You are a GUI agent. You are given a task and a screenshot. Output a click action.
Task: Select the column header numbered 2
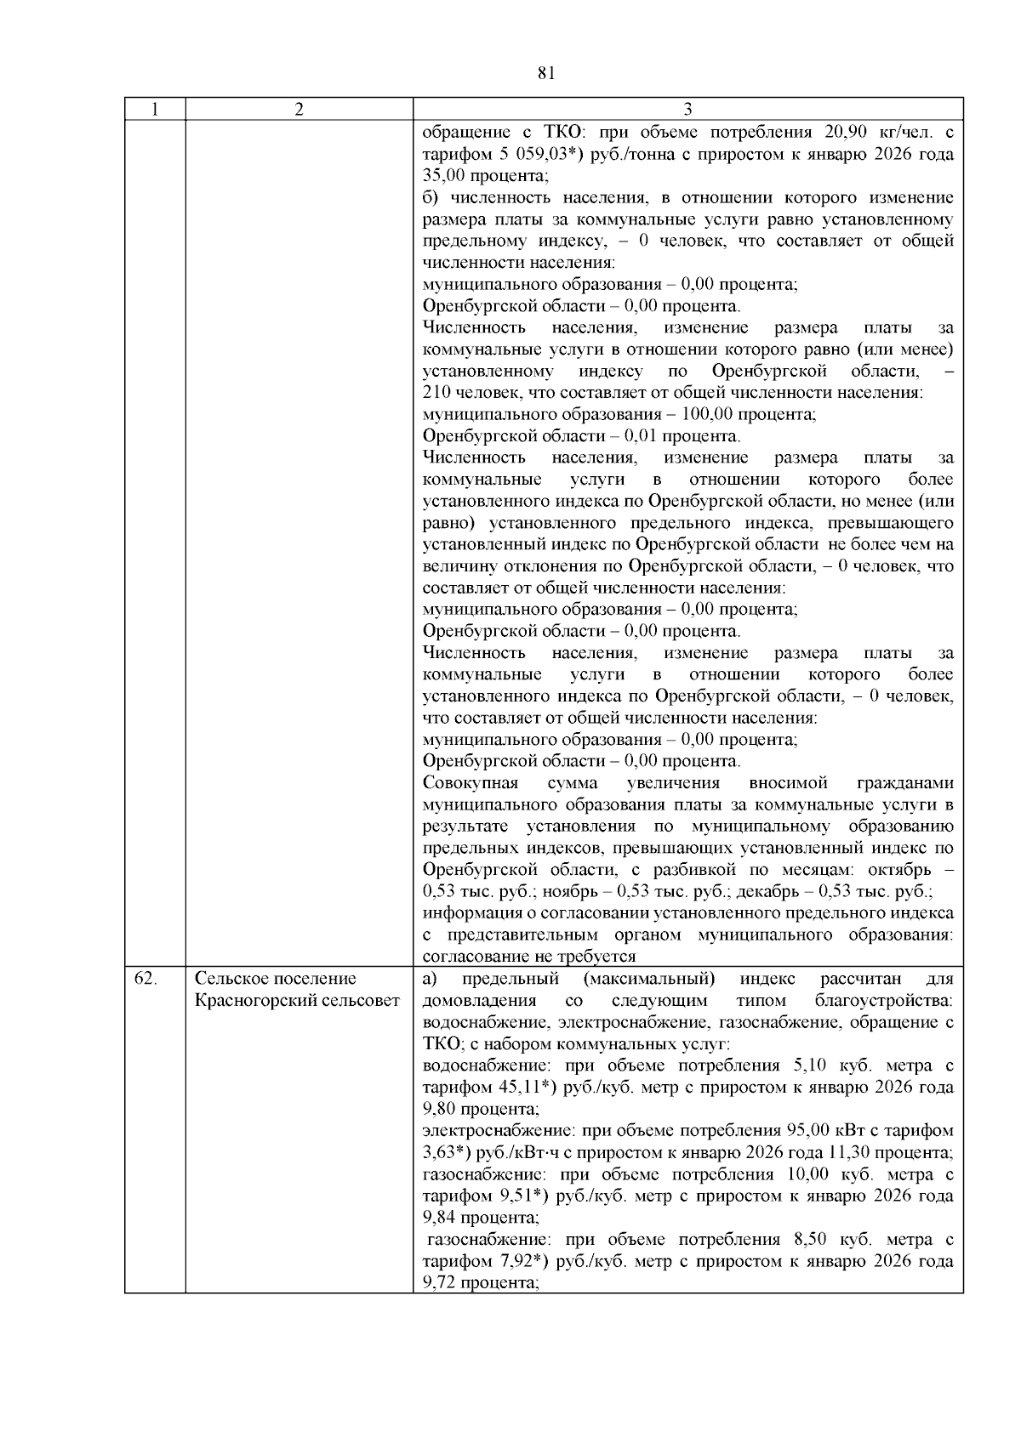[x=299, y=109]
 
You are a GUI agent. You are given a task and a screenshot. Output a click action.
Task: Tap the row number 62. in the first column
[x=145, y=979]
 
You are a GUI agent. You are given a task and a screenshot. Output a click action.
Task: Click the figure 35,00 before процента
[x=444, y=176]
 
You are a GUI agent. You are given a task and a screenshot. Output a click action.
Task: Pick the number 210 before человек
[x=436, y=393]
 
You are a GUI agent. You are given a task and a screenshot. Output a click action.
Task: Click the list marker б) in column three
[x=432, y=198]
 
